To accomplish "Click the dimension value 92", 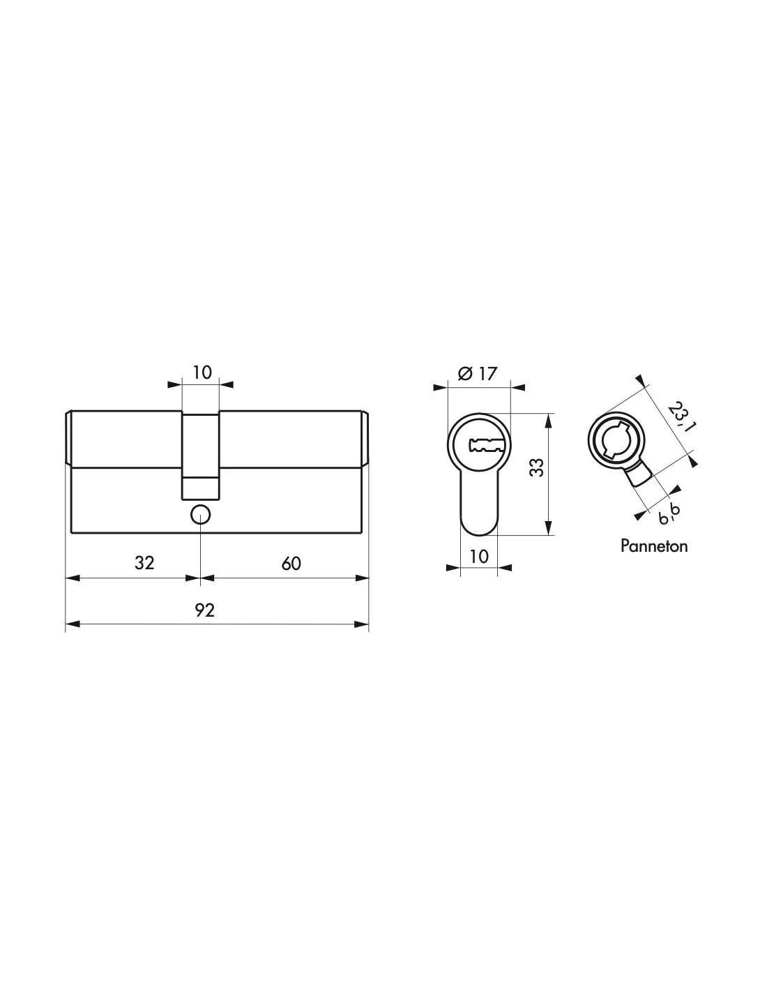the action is tap(204, 610).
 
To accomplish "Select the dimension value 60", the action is tap(291, 564).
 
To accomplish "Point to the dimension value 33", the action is tap(538, 467).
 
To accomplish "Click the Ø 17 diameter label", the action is tap(477, 374).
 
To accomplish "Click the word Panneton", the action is tap(654, 546).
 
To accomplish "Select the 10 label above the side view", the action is tap(202, 373).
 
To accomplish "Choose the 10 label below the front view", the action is tap(478, 557).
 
